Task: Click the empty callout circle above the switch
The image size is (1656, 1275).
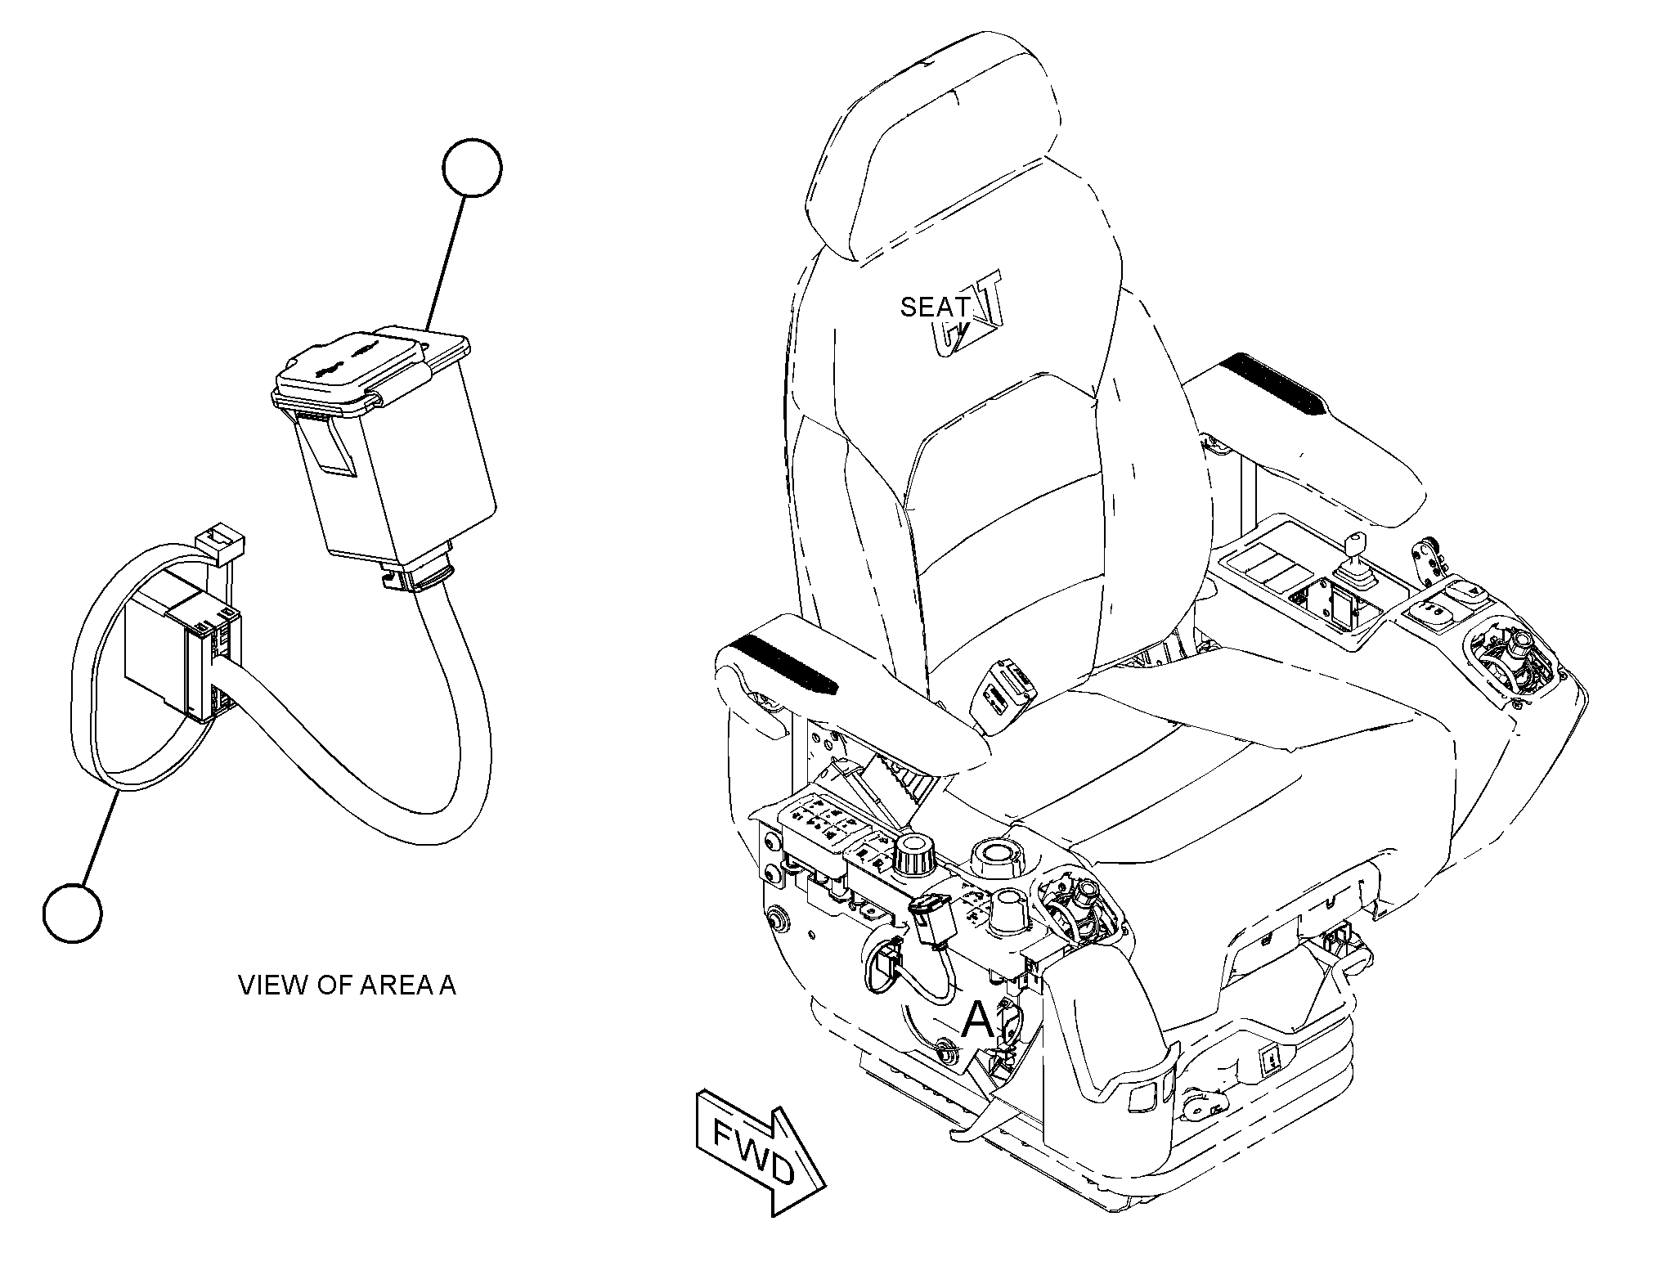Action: click(472, 168)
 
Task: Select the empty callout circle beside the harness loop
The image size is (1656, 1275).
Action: click(73, 914)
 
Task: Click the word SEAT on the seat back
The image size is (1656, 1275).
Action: click(935, 307)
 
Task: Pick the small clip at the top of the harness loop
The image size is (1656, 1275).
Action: click(222, 541)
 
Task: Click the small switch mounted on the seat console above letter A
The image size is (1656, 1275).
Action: click(931, 918)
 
